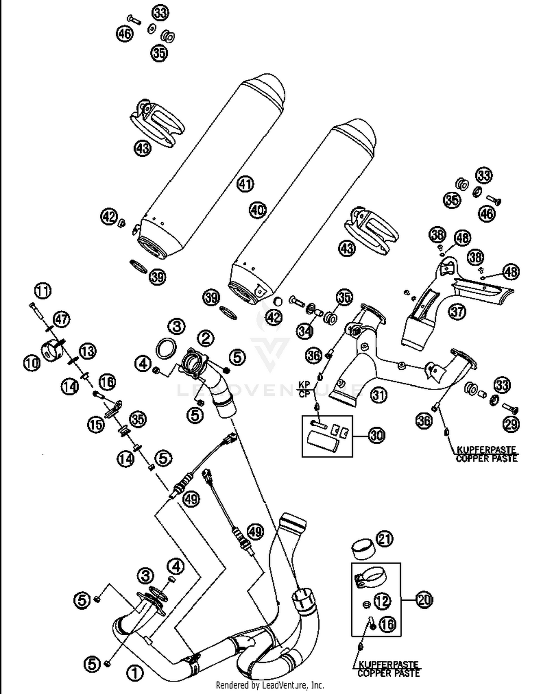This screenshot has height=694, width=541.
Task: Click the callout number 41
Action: click(245, 184)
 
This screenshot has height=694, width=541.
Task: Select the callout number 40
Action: click(258, 210)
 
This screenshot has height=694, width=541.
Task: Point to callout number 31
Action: click(379, 395)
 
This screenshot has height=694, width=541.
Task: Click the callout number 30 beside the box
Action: click(376, 436)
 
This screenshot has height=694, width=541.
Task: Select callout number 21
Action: click(384, 539)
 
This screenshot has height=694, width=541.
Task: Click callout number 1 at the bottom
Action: click(135, 672)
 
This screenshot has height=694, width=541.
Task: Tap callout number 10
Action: click(32, 363)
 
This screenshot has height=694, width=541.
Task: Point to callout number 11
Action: click(43, 291)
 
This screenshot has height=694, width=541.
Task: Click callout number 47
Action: click(62, 319)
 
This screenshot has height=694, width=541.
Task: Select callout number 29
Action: click(511, 424)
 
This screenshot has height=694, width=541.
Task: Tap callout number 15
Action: click(96, 424)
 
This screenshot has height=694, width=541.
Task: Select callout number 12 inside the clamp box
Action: click(382, 601)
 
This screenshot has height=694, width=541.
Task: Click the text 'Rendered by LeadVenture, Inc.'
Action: click(270, 685)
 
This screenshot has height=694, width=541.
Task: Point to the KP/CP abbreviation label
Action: click(304, 389)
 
